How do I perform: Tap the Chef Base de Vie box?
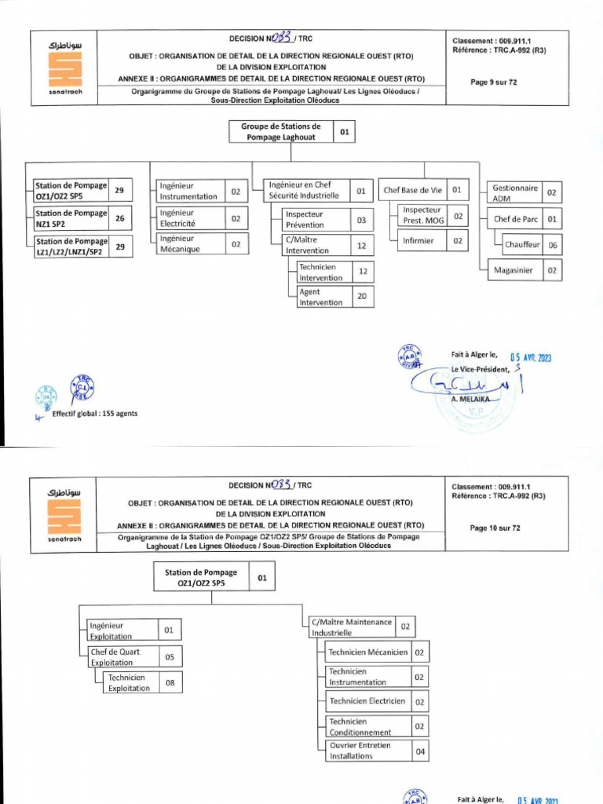pos(412,190)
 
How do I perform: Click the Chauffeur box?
pos(522,245)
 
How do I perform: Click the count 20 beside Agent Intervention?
pos(361,297)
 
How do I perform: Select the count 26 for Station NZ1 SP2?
pos(120,218)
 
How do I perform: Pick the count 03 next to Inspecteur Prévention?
pos(361,221)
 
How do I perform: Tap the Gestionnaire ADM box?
pos(513,192)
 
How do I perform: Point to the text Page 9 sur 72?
pos(493,82)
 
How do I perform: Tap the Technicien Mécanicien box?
pos(367,652)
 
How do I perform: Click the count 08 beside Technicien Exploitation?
pos(169,683)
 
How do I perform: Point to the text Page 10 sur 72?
pos(495,528)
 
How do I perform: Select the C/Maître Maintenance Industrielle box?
pos(351,627)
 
